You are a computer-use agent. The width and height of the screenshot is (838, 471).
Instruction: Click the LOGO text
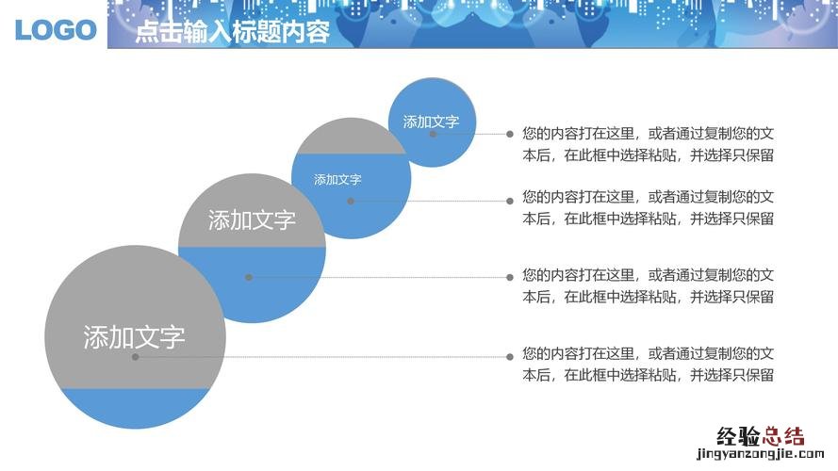[x=56, y=30]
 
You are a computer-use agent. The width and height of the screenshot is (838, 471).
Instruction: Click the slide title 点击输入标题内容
[x=233, y=31]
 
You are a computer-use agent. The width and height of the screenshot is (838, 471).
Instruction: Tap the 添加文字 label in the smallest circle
[x=431, y=122]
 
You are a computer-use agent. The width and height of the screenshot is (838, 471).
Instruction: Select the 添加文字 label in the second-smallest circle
[x=337, y=179]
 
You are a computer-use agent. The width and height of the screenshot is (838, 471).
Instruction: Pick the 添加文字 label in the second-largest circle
[x=252, y=220]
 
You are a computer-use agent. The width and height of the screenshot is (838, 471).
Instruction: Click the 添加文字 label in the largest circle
[x=134, y=337]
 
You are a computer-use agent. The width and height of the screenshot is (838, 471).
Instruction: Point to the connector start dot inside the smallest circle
[x=433, y=134]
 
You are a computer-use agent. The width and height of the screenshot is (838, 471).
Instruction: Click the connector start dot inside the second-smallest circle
[x=351, y=202]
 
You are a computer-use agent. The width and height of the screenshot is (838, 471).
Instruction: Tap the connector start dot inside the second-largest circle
[x=249, y=277]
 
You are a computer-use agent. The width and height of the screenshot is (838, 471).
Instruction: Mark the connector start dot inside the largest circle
[x=135, y=357]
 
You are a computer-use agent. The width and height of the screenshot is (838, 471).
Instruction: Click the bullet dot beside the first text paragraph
[x=510, y=134]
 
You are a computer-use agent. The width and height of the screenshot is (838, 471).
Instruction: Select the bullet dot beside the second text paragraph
[x=510, y=202]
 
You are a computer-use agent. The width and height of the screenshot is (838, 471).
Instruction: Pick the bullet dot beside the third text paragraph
[x=510, y=277]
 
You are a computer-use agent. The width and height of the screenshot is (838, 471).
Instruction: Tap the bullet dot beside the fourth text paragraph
[x=510, y=357]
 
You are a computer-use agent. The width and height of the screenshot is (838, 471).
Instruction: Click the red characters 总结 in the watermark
[x=783, y=436]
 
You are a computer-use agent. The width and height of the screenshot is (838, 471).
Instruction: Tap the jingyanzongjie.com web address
[x=761, y=454]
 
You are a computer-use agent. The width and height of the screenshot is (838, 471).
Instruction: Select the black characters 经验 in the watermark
[x=739, y=436]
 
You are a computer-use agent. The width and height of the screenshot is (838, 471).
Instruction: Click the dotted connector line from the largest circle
[x=322, y=357]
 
